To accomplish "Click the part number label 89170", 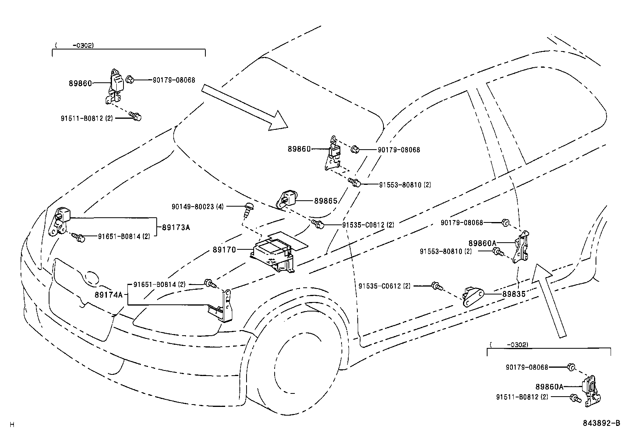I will [x=224, y=250].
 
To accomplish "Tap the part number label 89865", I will [x=326, y=201].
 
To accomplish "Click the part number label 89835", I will [x=514, y=294].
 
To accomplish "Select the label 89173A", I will [x=176, y=228].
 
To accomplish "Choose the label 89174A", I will [x=108, y=294].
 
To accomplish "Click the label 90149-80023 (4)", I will [x=197, y=207].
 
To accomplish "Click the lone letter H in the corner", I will [x=12, y=425].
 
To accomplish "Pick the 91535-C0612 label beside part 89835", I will [x=384, y=286].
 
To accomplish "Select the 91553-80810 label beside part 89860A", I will [x=446, y=251].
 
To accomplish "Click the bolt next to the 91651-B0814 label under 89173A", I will [x=79, y=237].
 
